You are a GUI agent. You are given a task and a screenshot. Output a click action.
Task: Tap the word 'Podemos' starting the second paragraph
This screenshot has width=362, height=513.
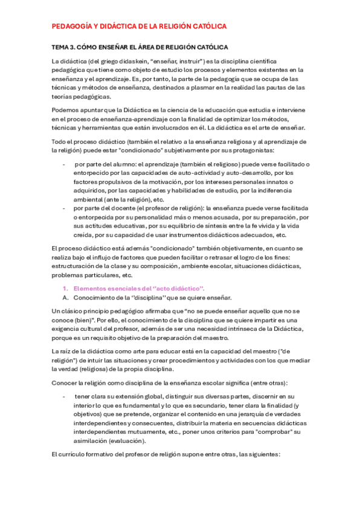point(66,111)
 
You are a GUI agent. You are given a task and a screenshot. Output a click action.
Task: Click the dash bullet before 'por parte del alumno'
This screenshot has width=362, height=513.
point(65,165)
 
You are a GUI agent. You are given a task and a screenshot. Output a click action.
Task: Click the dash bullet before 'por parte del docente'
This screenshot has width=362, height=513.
point(65,207)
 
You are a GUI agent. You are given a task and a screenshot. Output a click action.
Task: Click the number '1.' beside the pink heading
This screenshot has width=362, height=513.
point(66,289)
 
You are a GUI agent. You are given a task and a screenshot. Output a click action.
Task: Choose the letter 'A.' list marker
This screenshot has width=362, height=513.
point(66,298)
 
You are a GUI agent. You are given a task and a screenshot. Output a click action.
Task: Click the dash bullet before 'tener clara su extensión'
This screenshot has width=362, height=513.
point(65,396)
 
